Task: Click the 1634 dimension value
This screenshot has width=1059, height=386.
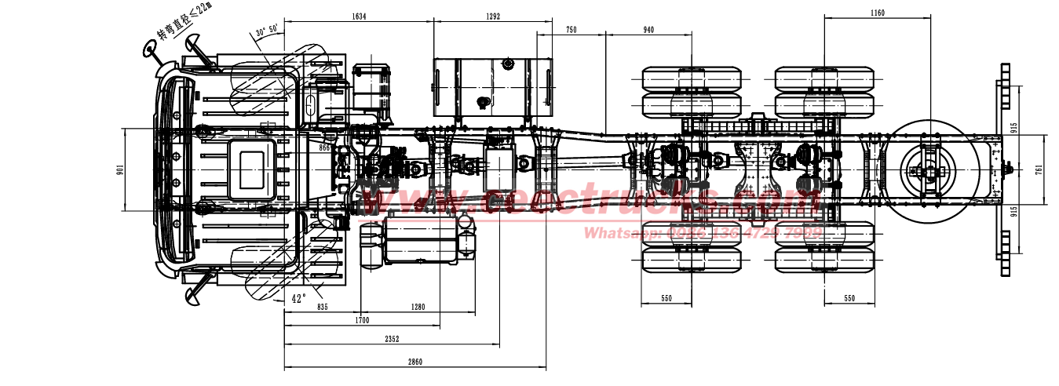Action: pos(358,16)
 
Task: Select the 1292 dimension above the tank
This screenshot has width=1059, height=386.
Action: pos(492,16)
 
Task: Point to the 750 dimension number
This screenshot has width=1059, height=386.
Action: pos(571,30)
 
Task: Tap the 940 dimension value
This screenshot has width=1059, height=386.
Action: pos(648,30)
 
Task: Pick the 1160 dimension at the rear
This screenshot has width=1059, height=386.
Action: pos(878,13)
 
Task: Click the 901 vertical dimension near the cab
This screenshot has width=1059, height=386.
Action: pos(120,169)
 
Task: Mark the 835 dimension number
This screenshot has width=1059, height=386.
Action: pos(322,307)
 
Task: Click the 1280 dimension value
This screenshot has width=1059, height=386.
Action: pos(417,307)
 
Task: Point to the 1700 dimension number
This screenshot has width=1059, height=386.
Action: pos(361,320)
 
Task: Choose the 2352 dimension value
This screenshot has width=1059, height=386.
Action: pos(392,339)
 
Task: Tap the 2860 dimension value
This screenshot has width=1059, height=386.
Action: pos(414,362)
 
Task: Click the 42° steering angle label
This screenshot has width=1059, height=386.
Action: pos(298,298)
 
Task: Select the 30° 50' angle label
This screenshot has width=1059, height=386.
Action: pos(267,32)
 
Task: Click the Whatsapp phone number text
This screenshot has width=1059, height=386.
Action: pos(703,232)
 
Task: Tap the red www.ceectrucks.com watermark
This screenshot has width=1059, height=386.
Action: pos(589,202)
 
